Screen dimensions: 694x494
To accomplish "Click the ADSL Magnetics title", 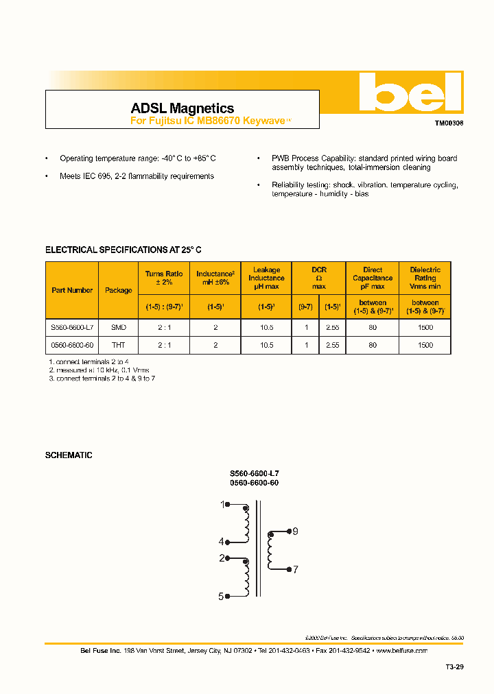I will (182, 108).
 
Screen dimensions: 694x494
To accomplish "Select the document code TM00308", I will (449, 124).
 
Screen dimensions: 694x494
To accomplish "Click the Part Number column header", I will (72, 290).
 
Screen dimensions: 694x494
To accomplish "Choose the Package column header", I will (119, 290).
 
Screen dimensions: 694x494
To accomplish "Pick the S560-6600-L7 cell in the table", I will (72, 328).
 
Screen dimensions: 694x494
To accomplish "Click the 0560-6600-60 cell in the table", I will (72, 345).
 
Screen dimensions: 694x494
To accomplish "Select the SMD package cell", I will (119, 328).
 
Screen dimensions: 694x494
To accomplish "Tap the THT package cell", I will (119, 345).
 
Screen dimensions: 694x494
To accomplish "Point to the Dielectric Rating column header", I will (425, 278).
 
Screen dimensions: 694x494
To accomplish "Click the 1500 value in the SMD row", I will (425, 328).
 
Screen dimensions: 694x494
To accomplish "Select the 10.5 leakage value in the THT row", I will (266, 345).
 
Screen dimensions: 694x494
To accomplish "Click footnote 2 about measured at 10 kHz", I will (99, 370).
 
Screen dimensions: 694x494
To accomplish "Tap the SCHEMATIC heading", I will (69, 455).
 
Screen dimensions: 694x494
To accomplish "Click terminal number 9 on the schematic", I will (295, 531).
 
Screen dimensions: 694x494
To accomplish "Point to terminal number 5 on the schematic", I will (221, 597).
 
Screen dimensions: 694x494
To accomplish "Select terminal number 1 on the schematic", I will (222, 505).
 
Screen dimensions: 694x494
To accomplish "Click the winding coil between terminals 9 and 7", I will (270, 550).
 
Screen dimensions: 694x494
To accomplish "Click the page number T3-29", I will (454, 667).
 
